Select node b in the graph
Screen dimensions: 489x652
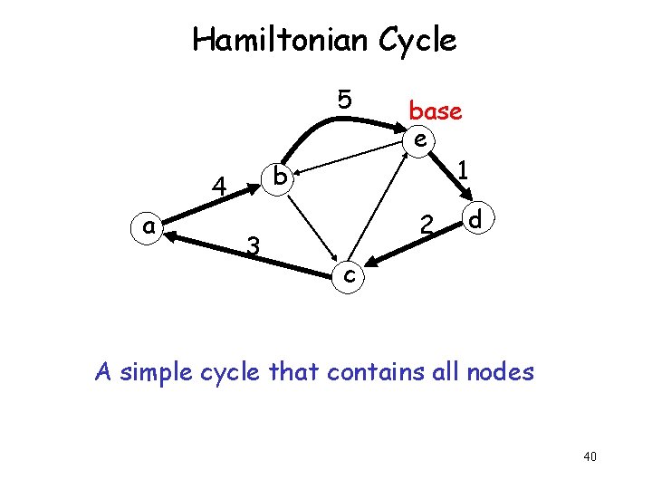[x=281, y=177]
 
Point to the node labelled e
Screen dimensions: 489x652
[x=419, y=139]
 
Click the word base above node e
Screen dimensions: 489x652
[x=436, y=111]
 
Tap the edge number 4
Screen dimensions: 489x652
[x=218, y=187]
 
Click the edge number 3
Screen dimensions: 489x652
[x=254, y=244]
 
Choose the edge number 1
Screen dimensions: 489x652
[x=463, y=169]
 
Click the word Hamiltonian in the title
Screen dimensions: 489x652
[x=262, y=40]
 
